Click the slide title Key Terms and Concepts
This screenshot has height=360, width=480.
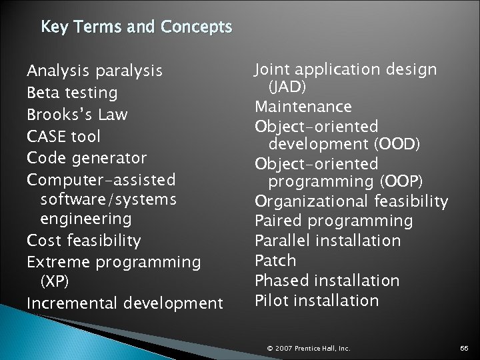[136, 28]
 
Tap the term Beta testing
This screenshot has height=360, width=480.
[72, 92]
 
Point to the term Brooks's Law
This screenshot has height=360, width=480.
[77, 114]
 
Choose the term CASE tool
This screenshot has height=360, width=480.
[64, 136]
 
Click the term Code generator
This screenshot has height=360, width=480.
[87, 158]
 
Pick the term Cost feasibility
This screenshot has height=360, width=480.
[84, 240]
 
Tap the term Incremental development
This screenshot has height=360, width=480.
[125, 303]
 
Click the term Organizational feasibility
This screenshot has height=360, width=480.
[351, 201]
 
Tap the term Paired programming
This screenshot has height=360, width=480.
[334, 221]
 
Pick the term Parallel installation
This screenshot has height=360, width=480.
[328, 240]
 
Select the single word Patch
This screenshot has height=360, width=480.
[275, 260]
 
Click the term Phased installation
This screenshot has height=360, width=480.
[327, 280]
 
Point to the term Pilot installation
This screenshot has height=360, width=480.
[317, 300]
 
